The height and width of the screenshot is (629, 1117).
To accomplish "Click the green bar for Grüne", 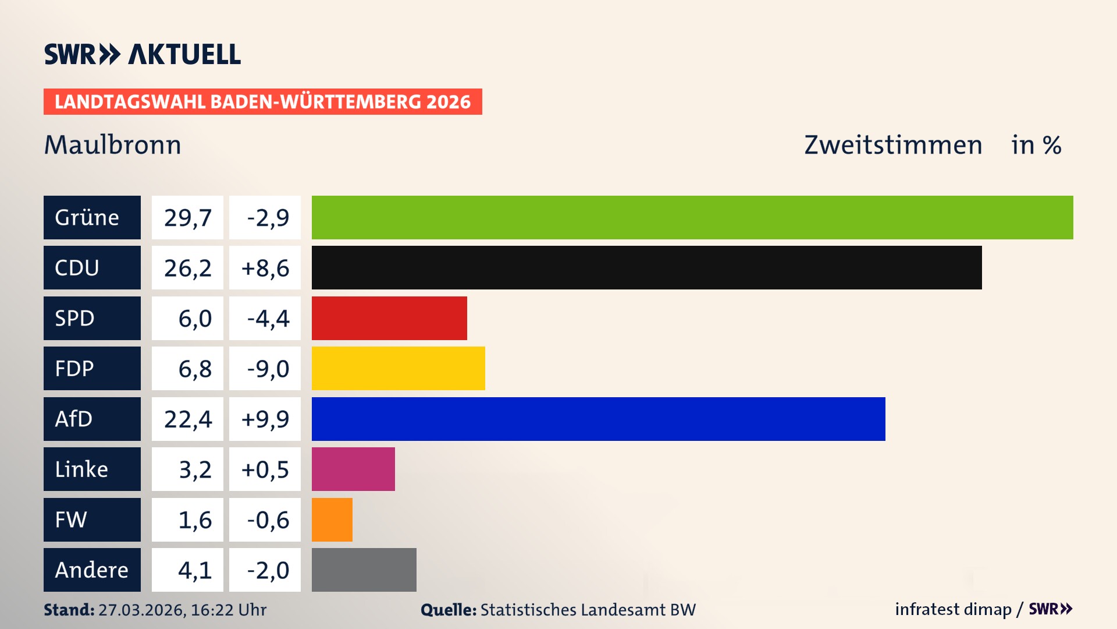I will pyautogui.click(x=692, y=217).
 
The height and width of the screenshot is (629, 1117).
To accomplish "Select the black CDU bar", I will pyautogui.click(x=646, y=267).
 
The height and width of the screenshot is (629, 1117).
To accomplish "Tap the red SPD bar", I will pyautogui.click(x=389, y=318).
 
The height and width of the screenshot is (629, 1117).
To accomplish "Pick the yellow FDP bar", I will pyautogui.click(x=398, y=368).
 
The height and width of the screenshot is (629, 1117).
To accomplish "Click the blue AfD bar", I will pyautogui.click(x=598, y=419).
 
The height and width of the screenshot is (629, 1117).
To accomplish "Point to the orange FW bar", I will pyautogui.click(x=332, y=520).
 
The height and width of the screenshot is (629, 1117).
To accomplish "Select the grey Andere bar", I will pyautogui.click(x=364, y=570).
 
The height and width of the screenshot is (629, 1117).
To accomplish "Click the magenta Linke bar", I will pyautogui.click(x=353, y=469).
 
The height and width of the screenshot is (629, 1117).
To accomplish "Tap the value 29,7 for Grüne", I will pyautogui.click(x=187, y=217).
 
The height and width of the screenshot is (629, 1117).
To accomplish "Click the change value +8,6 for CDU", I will pyautogui.click(x=265, y=268).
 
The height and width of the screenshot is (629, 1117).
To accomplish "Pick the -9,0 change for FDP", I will pyautogui.click(x=268, y=369).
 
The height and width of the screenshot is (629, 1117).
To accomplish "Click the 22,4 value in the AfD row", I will pyautogui.click(x=187, y=419).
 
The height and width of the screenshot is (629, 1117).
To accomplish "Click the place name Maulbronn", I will pyautogui.click(x=113, y=144).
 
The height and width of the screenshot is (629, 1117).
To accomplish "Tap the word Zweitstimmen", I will pyautogui.click(x=893, y=144).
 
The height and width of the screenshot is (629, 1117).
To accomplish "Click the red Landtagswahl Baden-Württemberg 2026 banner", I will pyautogui.click(x=262, y=101).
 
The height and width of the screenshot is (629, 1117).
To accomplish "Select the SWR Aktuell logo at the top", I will pyautogui.click(x=142, y=54).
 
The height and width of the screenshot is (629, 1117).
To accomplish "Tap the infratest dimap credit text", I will pyautogui.click(x=953, y=609).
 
